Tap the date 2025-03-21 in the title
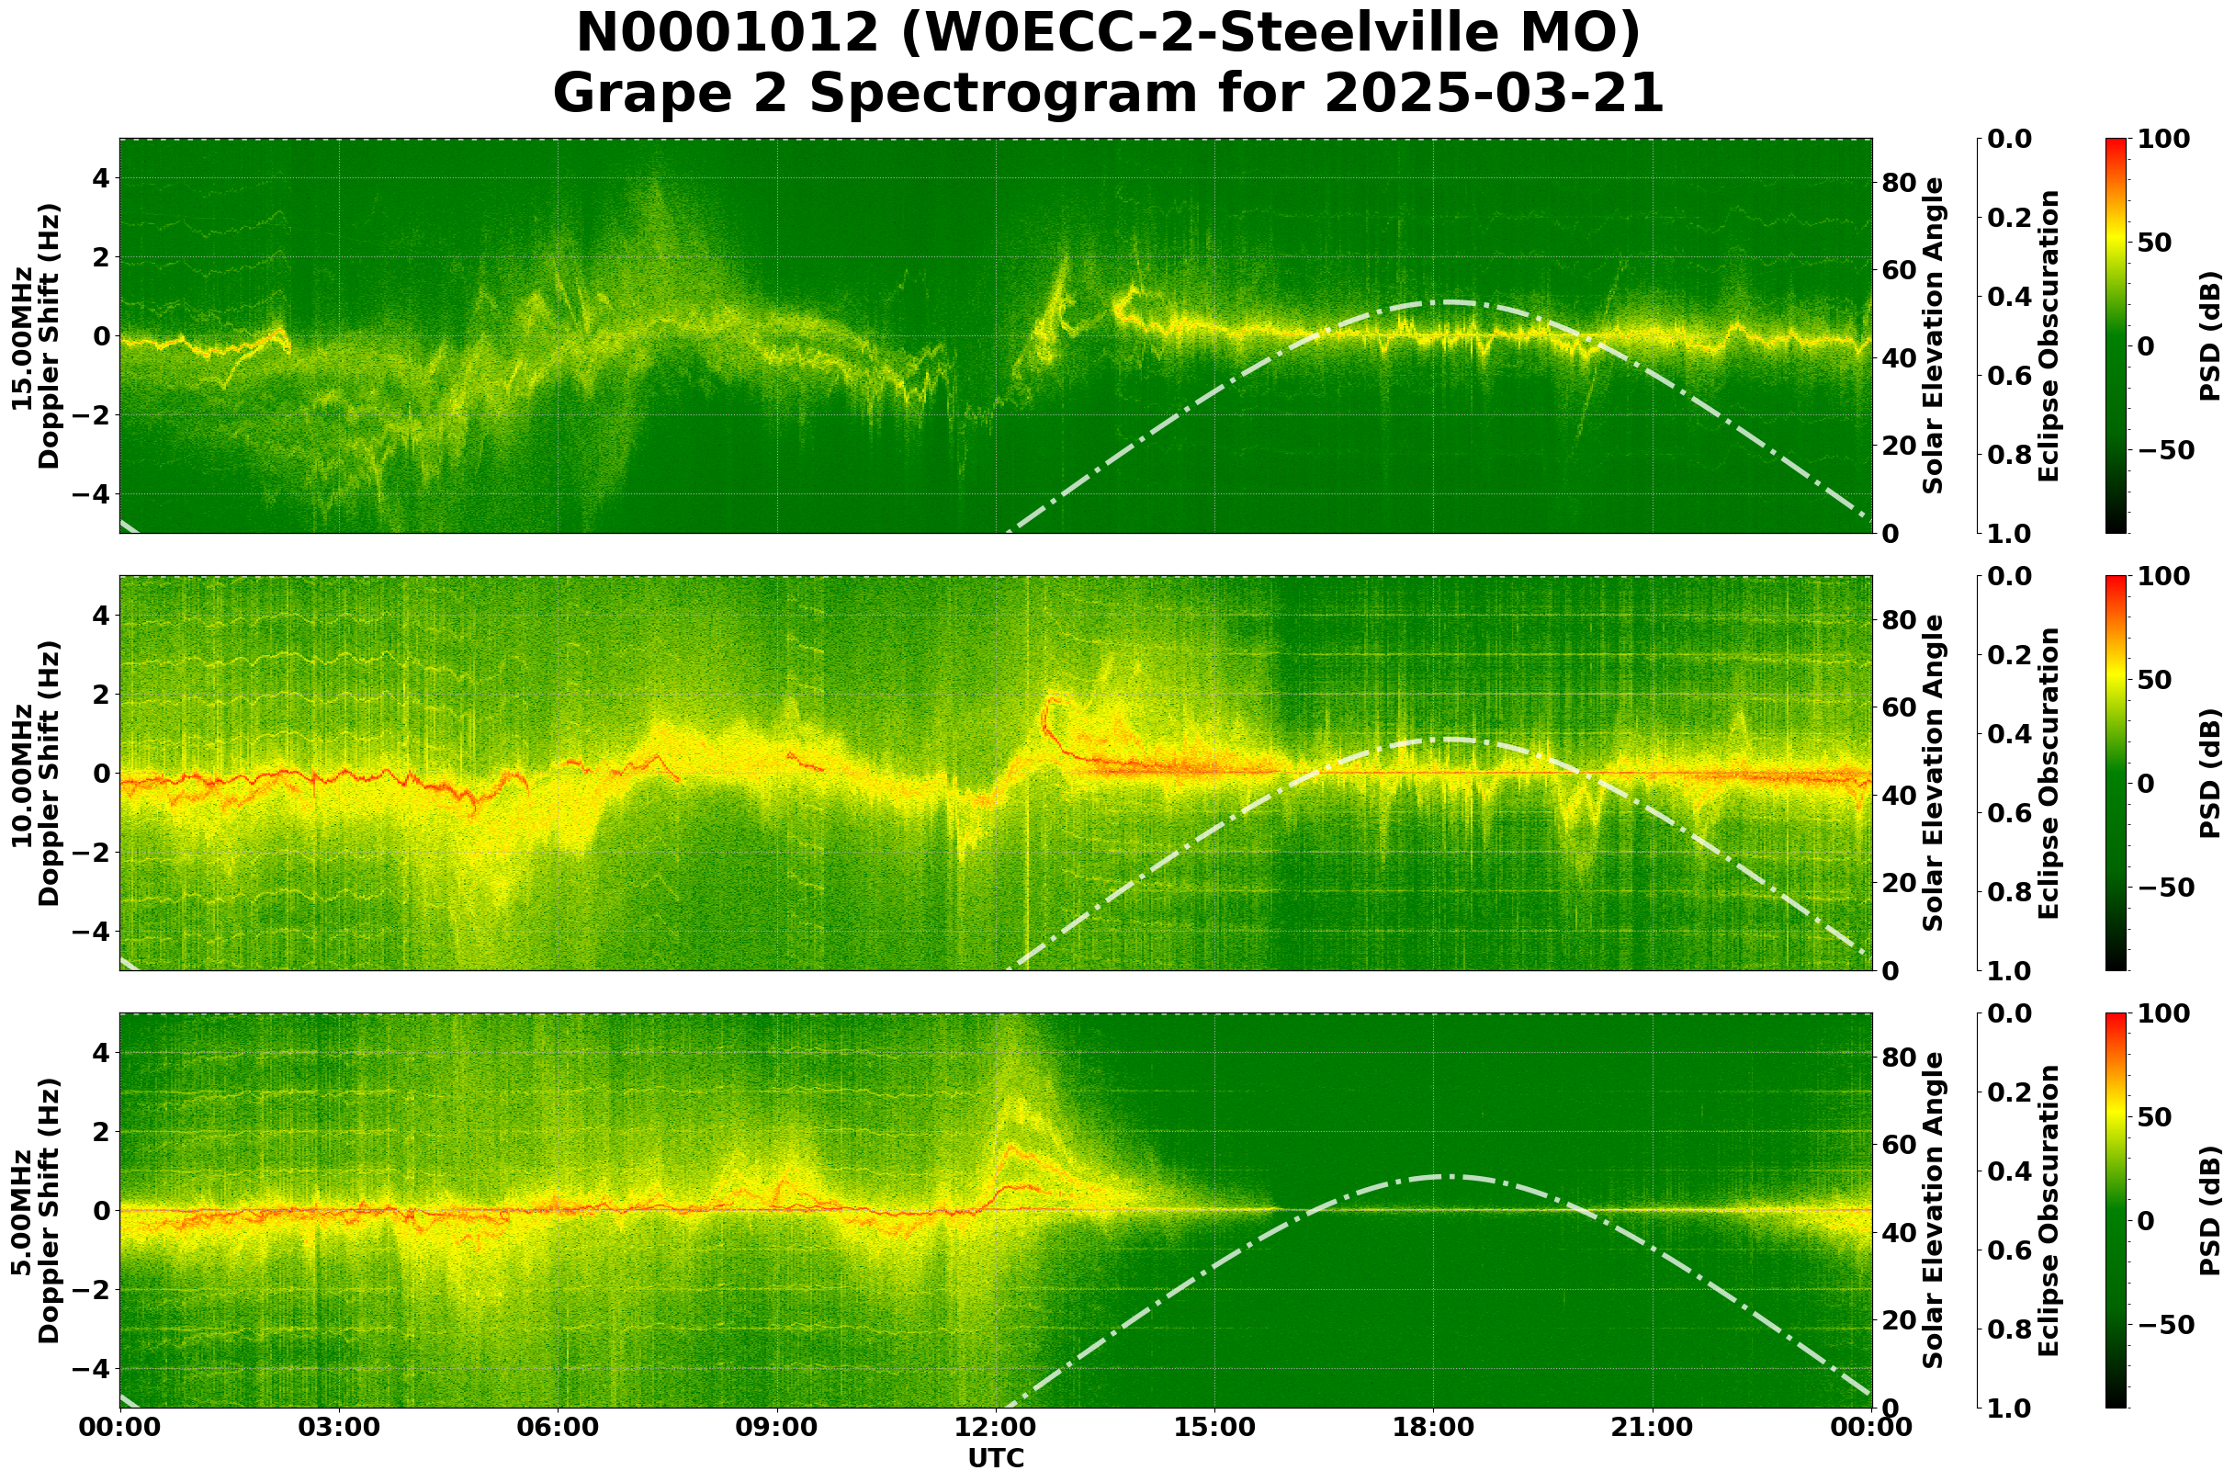pos(1493,94)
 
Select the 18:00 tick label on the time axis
pos(1433,1426)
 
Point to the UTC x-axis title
pos(995,1458)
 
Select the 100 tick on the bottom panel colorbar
pos(2168,1014)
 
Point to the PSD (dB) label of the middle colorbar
pos(2209,773)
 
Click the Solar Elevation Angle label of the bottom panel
pos(1934,1210)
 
